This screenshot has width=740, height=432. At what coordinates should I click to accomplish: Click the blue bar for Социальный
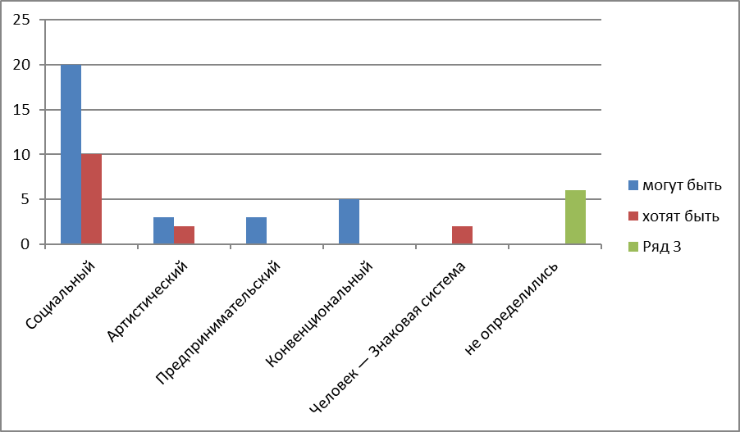click(x=71, y=154)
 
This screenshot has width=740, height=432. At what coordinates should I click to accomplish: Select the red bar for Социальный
click(x=91, y=199)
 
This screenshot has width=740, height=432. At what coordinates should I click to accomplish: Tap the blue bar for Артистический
click(x=163, y=230)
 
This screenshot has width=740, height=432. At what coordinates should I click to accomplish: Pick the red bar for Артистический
click(x=184, y=235)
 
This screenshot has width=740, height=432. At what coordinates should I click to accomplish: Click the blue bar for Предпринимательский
click(x=256, y=230)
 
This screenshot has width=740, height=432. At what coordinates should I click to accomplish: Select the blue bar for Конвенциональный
click(x=349, y=221)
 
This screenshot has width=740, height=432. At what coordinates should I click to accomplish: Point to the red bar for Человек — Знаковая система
click(x=462, y=235)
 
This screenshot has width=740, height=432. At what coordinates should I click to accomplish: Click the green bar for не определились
click(x=575, y=217)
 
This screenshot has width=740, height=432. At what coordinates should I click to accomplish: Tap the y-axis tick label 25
click(x=22, y=20)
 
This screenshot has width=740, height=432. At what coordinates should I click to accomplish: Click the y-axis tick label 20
click(x=22, y=65)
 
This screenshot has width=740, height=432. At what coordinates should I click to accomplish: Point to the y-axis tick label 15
click(x=22, y=109)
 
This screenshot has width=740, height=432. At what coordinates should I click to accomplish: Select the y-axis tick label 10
click(x=22, y=154)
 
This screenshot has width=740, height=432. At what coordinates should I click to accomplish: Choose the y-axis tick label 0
click(x=25, y=244)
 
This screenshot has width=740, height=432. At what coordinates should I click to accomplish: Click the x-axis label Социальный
click(x=61, y=295)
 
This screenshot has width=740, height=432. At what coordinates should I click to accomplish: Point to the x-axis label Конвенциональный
click(x=319, y=313)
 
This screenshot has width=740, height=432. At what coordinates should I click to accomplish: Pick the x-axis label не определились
click(x=511, y=308)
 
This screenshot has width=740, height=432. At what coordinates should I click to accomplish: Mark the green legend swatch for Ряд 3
click(x=633, y=247)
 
